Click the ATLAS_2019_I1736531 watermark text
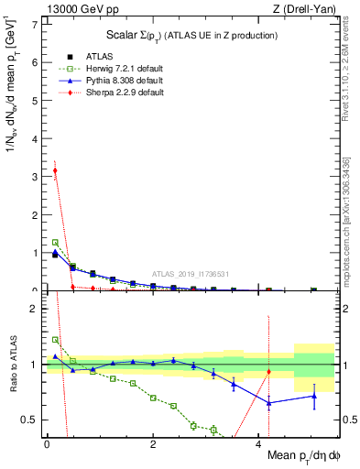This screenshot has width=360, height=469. (189, 273)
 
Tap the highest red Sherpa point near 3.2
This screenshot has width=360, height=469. (55, 170)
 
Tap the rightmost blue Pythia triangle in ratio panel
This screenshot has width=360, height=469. (313, 396)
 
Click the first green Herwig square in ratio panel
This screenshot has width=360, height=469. (55, 340)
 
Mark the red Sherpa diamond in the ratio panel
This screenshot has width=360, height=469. (268, 372)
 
